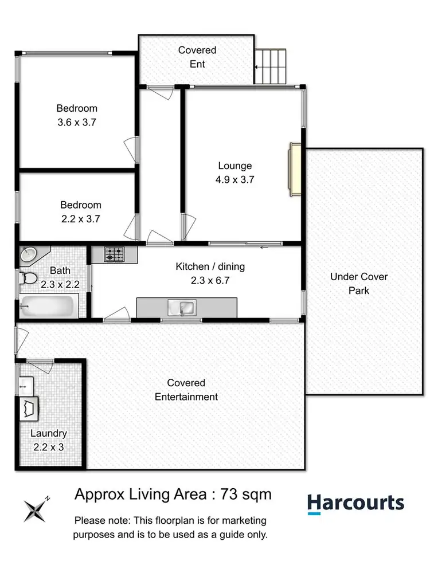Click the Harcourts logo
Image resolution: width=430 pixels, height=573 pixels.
355,504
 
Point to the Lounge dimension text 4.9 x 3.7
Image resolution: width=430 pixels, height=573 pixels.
235,179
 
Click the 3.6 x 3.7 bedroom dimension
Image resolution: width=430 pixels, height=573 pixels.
76,121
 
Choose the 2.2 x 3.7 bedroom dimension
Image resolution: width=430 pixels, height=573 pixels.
81,218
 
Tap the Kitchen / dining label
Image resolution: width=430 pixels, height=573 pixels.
210,266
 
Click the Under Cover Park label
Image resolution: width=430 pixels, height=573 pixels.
359,284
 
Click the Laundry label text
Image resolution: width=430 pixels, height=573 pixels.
49,434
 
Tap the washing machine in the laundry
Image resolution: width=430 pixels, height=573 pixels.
30,409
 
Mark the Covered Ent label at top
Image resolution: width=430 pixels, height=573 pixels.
197,57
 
